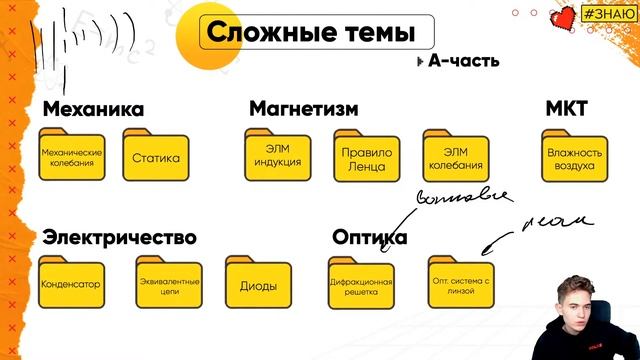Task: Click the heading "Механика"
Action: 94,108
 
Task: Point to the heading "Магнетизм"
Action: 304,108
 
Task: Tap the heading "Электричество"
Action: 119,237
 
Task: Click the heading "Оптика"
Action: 369,237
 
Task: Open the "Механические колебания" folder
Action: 71,156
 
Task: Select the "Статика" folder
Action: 155,156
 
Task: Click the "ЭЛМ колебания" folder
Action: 455,156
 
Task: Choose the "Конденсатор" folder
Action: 71,282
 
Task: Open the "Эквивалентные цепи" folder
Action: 168,282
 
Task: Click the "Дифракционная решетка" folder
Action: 361,284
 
